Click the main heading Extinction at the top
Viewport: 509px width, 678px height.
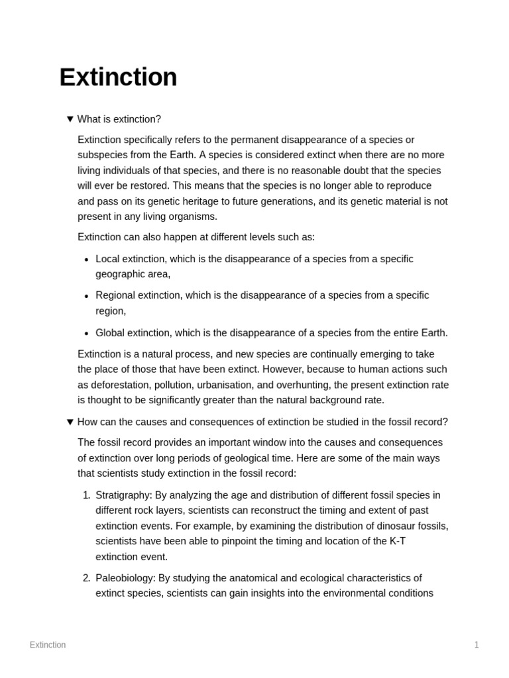click(118, 77)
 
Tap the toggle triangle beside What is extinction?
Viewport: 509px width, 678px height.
click(70, 119)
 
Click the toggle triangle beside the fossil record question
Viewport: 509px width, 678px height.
click(70, 422)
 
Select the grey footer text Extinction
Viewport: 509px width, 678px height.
click(48, 645)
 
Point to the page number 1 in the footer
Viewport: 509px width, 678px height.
click(476, 645)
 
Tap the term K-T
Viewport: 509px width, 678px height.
click(397, 541)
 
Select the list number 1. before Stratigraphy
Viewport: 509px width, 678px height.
click(86, 495)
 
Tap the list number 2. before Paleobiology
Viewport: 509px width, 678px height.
click(86, 578)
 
